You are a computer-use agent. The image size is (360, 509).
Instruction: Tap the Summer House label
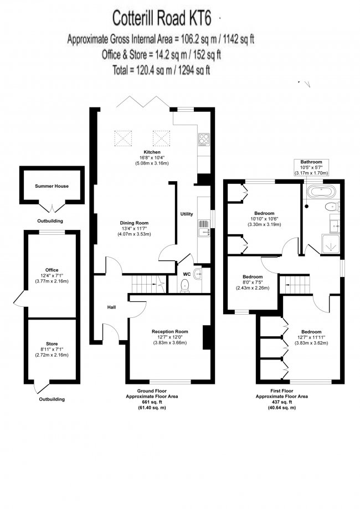[x=52, y=186]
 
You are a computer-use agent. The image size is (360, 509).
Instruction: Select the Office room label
[x=52, y=270]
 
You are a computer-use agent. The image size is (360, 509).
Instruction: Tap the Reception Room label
[x=171, y=332]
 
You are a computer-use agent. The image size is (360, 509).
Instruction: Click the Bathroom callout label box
[x=311, y=167]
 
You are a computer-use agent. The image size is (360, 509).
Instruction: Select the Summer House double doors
[x=52, y=208]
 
